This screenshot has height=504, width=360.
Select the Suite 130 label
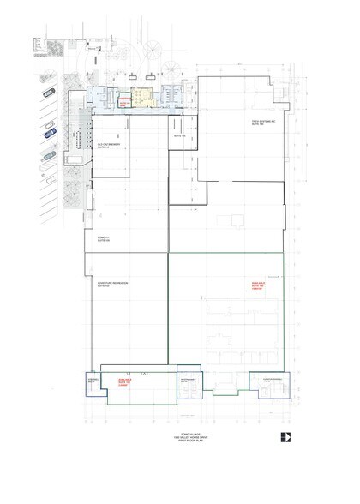pyautogui.click(x=180, y=136)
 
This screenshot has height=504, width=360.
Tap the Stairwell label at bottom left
pyautogui.click(x=93, y=378)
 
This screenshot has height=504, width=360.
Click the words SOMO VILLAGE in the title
pyautogui.click(x=180, y=435)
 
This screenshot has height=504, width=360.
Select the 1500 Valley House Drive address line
pyautogui.click(x=180, y=439)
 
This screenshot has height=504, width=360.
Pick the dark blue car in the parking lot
pyautogui.click(x=49, y=156)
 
